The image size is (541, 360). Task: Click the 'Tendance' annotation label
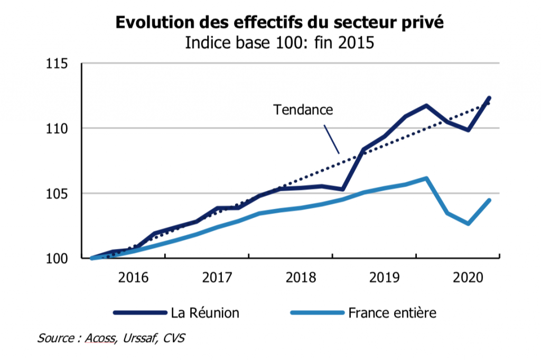pos(303,110)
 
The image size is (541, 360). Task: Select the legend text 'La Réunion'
pos(205,313)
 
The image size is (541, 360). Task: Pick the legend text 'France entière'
pos(393,313)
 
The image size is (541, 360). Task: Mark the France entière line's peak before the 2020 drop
pos(426,179)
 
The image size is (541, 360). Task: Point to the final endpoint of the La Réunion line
pos(489,98)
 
